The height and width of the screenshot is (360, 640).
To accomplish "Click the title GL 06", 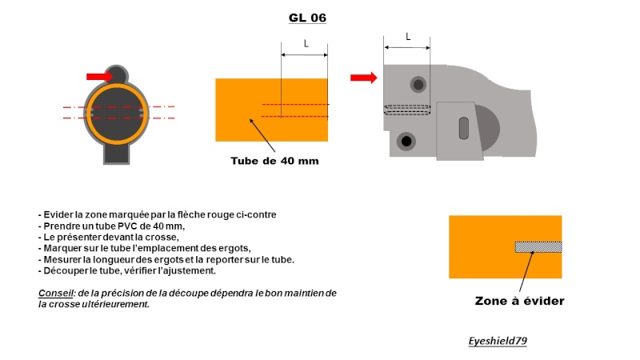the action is point(307,18).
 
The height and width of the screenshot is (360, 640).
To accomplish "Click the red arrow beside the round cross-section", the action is point(99,76).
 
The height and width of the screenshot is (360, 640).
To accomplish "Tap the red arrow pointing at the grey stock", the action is point(364,78).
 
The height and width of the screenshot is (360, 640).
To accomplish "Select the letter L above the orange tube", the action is point(306,43).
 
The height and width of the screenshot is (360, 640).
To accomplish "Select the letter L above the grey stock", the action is point(408,37).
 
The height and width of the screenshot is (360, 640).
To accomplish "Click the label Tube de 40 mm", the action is point(274,161).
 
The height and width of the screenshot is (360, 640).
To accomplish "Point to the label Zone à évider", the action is point(519,302).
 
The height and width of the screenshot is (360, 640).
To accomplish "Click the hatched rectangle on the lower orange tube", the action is point(538,247).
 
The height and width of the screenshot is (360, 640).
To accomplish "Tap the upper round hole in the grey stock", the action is point(418,85).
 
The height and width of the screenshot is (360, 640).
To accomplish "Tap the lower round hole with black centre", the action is point(406,142).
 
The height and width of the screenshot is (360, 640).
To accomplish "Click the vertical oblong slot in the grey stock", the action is point(464,128).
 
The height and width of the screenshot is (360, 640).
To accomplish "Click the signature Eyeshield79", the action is point(498,341).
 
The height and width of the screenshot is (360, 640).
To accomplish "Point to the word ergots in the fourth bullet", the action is point(234,249).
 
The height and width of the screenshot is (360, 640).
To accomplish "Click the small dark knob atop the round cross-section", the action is point(117,74).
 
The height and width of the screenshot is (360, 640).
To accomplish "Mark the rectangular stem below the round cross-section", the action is point(117,154).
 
